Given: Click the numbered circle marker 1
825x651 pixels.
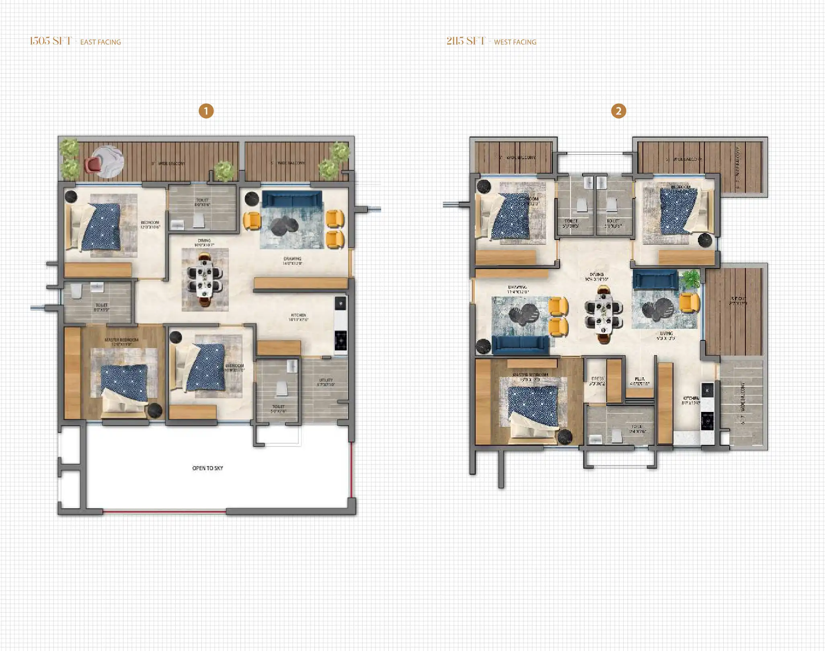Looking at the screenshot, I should tap(206, 111).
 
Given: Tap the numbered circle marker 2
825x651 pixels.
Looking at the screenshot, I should tap(618, 111).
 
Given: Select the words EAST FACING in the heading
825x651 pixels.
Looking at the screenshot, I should tap(101, 42).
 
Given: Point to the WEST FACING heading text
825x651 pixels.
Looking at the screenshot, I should tap(515, 42).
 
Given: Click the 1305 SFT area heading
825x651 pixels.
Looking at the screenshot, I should tap(51, 41).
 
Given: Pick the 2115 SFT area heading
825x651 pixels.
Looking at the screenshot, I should tap(466, 41).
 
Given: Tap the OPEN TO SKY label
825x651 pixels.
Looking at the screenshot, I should tap(207, 468).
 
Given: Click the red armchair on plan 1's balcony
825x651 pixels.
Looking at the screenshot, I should tap(93, 164).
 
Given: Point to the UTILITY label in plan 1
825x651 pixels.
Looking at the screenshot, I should tap(326, 380).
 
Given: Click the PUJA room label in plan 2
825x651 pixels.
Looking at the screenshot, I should tap(640, 379).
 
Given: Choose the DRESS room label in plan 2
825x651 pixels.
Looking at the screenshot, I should tap(597, 379).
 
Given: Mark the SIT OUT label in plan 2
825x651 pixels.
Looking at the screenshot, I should tap(738, 299).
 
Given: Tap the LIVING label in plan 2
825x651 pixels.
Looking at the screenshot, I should tap(666, 334).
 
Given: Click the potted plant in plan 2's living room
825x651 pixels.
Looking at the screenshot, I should tap(691, 278).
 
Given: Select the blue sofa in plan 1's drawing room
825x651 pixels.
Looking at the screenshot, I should tap(292, 199).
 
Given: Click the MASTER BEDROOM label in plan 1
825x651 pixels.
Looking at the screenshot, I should tap(121, 340).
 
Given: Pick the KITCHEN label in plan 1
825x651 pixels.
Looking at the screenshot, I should tap(298, 315).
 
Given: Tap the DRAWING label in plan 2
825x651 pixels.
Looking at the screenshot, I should tap(517, 287).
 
